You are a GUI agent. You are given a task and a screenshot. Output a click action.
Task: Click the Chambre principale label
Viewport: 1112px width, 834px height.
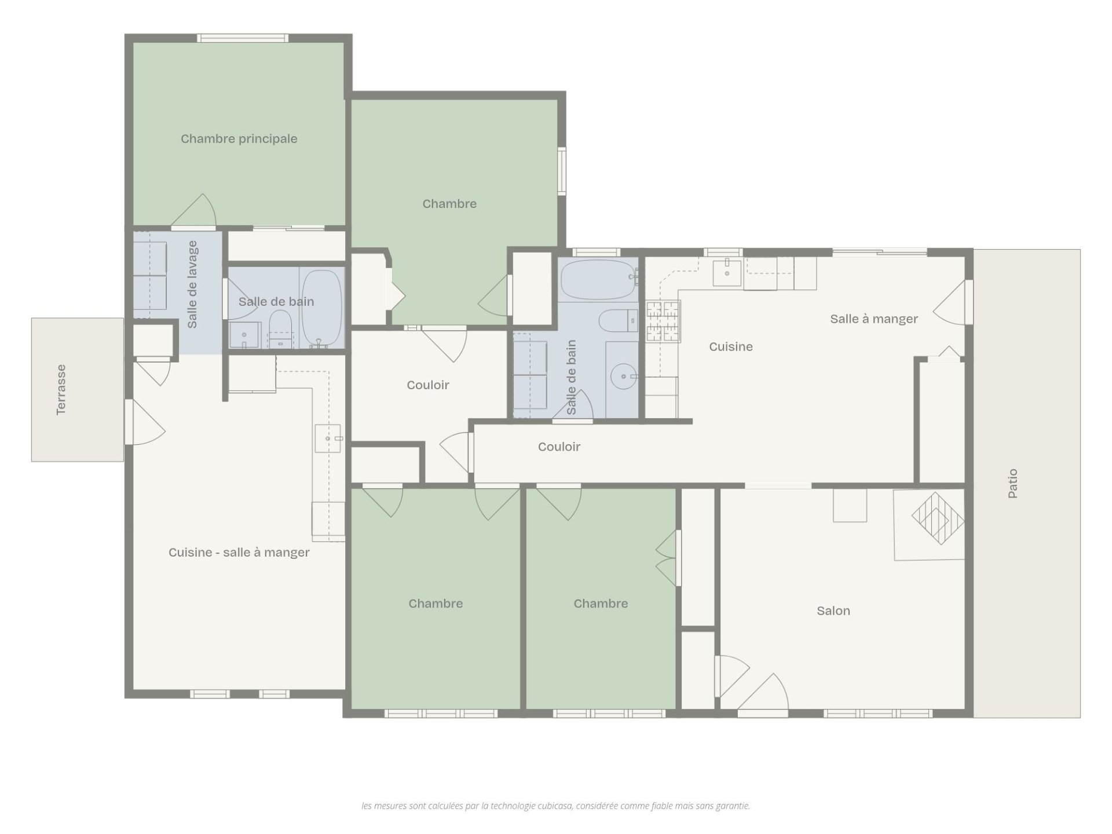(x=239, y=139)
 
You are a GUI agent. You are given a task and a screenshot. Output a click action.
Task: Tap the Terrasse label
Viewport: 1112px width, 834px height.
(x=61, y=390)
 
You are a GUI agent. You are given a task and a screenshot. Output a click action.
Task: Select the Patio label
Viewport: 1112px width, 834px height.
(x=1012, y=484)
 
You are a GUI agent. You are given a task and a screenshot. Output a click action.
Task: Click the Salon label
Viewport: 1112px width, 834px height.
(x=833, y=610)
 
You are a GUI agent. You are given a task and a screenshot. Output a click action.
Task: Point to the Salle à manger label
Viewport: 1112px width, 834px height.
(x=874, y=319)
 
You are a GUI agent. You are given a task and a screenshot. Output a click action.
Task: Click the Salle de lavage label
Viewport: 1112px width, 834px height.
(x=192, y=284)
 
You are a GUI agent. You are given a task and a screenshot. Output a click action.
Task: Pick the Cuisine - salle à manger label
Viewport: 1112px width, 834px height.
(x=239, y=553)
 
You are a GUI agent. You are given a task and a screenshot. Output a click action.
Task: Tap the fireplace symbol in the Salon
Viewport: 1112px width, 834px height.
(x=937, y=518)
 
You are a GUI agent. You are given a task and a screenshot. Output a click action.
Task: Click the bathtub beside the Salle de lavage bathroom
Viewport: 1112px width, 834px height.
(x=322, y=307)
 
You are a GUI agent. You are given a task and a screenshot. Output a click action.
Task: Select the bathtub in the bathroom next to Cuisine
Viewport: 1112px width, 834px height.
(x=599, y=279)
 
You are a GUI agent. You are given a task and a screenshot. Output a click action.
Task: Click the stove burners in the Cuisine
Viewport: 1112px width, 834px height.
(x=663, y=321)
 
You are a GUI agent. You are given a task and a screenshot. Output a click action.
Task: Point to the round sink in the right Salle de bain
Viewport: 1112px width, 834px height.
(x=623, y=376)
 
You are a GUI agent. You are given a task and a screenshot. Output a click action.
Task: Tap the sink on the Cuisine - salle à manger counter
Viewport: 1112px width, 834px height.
(x=328, y=438)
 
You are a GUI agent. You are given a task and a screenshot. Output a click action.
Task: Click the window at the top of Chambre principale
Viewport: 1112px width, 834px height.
(x=242, y=38)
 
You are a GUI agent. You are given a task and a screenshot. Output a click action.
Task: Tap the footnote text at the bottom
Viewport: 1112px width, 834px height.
(x=555, y=806)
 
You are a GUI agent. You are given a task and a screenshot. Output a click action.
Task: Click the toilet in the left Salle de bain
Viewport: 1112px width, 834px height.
(x=280, y=328)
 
